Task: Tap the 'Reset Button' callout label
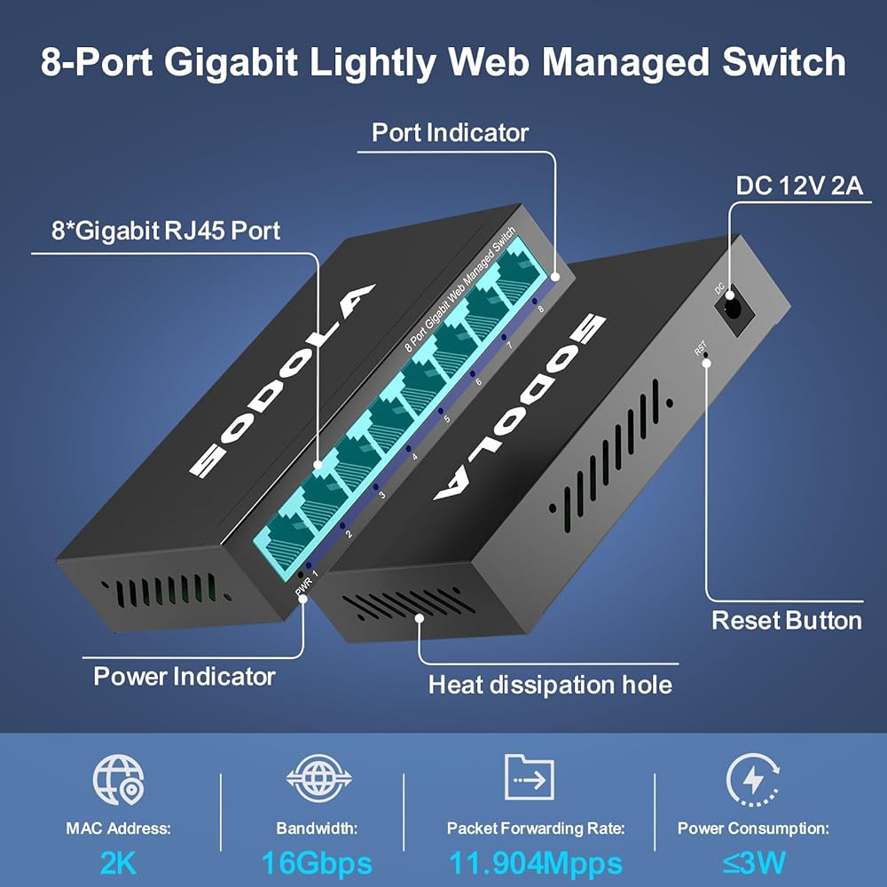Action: pos(786,620)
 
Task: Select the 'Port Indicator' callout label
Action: pos(450,133)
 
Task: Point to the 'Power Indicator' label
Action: pos(184,677)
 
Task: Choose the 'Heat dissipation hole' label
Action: pos(550,685)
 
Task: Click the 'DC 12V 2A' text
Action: pos(799,187)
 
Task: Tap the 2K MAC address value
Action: pos(118,863)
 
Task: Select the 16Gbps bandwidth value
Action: pos(316,863)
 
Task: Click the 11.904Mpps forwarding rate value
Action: pos(535,863)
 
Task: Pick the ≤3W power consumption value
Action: pos(753,863)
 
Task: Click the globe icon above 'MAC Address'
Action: pos(118,781)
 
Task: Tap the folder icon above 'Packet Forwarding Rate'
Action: pos(529,779)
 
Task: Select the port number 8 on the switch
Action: pos(540,310)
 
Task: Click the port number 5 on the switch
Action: pos(446,419)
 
